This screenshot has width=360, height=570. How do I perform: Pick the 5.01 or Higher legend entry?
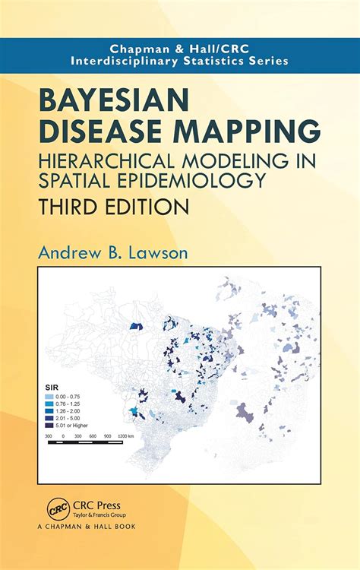tap(68, 425)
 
